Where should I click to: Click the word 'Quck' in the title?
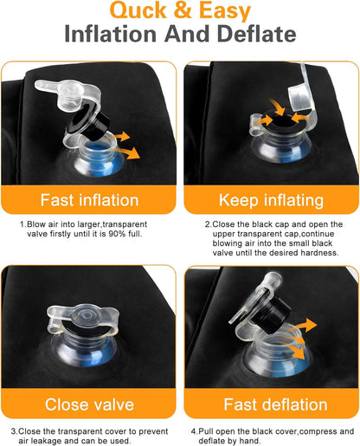point(138,10)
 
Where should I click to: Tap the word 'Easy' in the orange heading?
point(225,11)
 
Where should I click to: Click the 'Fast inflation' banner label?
point(89,200)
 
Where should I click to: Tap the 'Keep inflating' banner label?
point(271,200)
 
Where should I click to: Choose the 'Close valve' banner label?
point(89,404)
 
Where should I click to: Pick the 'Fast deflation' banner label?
point(275,404)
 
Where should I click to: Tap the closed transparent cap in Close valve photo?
point(83,316)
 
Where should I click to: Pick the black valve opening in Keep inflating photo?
point(282,120)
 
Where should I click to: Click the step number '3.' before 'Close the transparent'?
point(15,431)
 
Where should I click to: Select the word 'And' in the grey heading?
point(187,34)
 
